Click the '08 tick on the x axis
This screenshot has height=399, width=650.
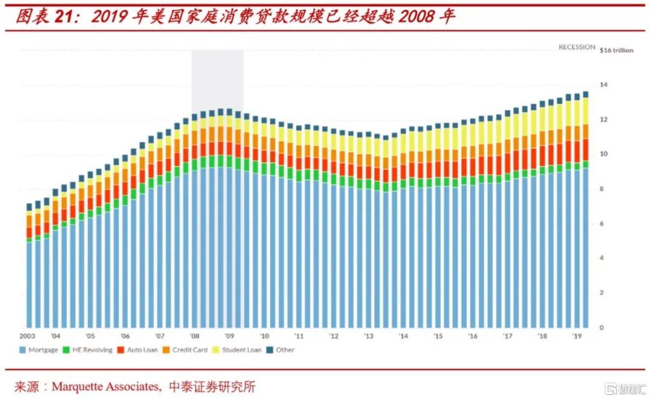click(x=194, y=336)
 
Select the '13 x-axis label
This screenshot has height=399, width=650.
click(x=368, y=336)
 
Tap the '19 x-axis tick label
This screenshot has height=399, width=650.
click(x=577, y=336)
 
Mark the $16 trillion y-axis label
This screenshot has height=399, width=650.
click(x=616, y=51)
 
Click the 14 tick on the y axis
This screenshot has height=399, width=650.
click(x=603, y=85)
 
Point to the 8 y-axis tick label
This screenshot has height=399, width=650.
click(x=601, y=189)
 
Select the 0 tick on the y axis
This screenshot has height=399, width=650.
click(x=601, y=328)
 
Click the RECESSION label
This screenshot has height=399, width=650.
click(x=577, y=47)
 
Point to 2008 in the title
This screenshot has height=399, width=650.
click(x=415, y=16)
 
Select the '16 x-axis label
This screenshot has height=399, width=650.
click(x=473, y=336)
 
